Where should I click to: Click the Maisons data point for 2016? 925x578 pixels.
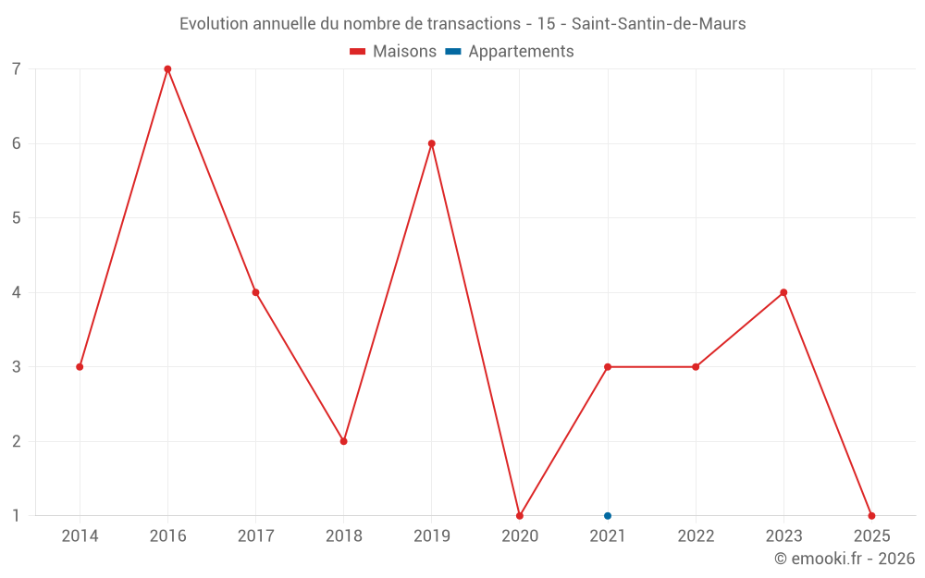(167, 69)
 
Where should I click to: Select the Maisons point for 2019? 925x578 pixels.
(432, 143)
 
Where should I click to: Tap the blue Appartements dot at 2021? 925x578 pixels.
(608, 516)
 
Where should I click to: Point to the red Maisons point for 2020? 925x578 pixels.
(520, 516)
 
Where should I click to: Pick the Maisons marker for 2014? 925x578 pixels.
(80, 367)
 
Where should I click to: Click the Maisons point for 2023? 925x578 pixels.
(783, 292)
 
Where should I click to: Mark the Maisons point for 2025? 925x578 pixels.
(871, 516)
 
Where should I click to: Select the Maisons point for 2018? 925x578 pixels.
(344, 441)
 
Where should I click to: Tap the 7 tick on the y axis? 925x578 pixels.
(16, 69)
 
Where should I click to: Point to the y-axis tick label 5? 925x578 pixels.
(16, 218)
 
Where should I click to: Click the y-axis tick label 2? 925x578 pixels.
(16, 441)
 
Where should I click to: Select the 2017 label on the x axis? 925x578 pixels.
(256, 536)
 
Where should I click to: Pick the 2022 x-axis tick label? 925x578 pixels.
(696, 536)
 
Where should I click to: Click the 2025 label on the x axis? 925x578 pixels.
(871, 536)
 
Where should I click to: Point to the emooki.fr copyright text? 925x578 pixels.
(845, 559)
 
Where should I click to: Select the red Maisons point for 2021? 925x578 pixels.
(608, 367)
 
